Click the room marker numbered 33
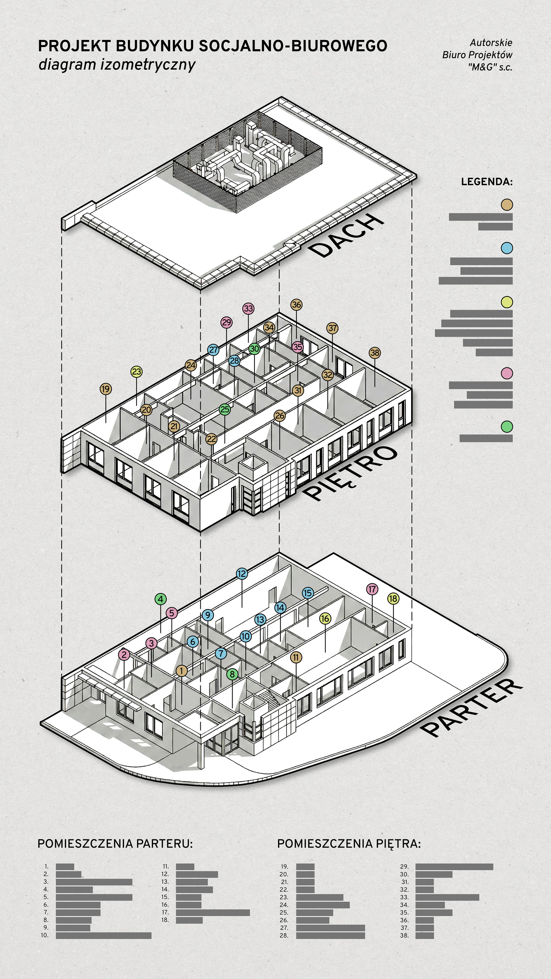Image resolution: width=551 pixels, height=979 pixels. click(x=248, y=309)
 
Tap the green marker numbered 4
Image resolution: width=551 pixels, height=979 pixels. click(x=160, y=599)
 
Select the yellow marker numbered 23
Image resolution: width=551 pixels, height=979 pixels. click(x=137, y=372)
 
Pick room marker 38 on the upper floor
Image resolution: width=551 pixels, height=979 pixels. click(x=375, y=353)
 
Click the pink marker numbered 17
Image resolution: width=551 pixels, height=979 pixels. click(x=372, y=589)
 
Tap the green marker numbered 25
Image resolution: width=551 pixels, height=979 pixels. click(x=225, y=409)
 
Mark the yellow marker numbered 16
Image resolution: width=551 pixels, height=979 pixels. click(x=325, y=618)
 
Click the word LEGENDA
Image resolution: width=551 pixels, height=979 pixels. click(x=487, y=182)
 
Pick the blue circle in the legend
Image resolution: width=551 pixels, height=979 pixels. click(x=507, y=248)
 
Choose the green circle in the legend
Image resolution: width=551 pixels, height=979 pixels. click(x=507, y=427)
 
